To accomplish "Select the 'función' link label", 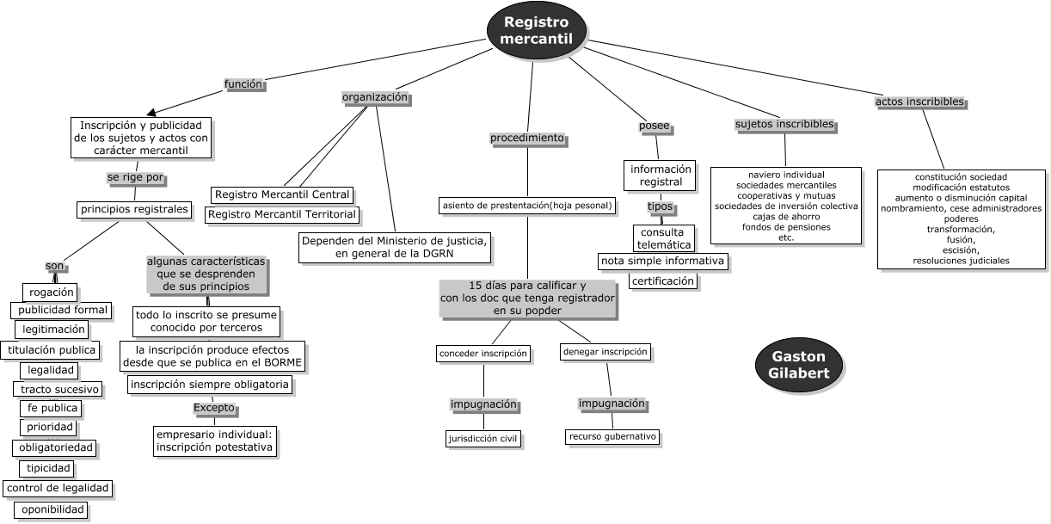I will [243, 84].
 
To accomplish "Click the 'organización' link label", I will [375, 97].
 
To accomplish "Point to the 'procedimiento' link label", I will [526, 138].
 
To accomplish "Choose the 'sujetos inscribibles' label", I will [784, 124].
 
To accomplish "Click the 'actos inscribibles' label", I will [919, 102].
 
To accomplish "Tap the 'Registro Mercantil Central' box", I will [282, 194].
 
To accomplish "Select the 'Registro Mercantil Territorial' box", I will [283, 214].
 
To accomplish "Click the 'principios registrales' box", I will [133, 209].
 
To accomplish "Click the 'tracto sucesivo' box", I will [60, 389].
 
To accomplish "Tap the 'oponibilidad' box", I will [53, 510].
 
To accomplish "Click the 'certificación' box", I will [662, 280].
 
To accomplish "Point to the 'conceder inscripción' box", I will [482, 354].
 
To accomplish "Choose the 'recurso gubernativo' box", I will [612, 436].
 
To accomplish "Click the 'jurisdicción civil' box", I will [483, 438].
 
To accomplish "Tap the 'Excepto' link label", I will [213, 407].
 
